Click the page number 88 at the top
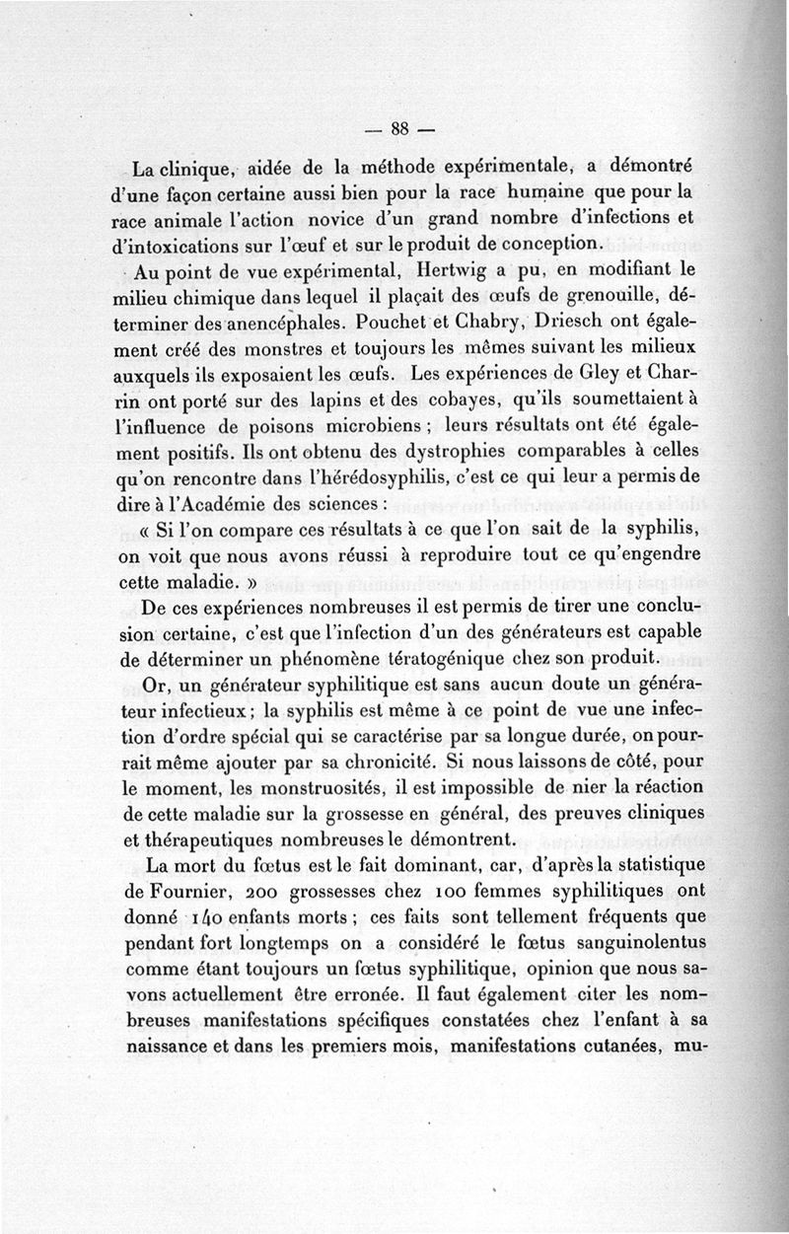click(x=398, y=128)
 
